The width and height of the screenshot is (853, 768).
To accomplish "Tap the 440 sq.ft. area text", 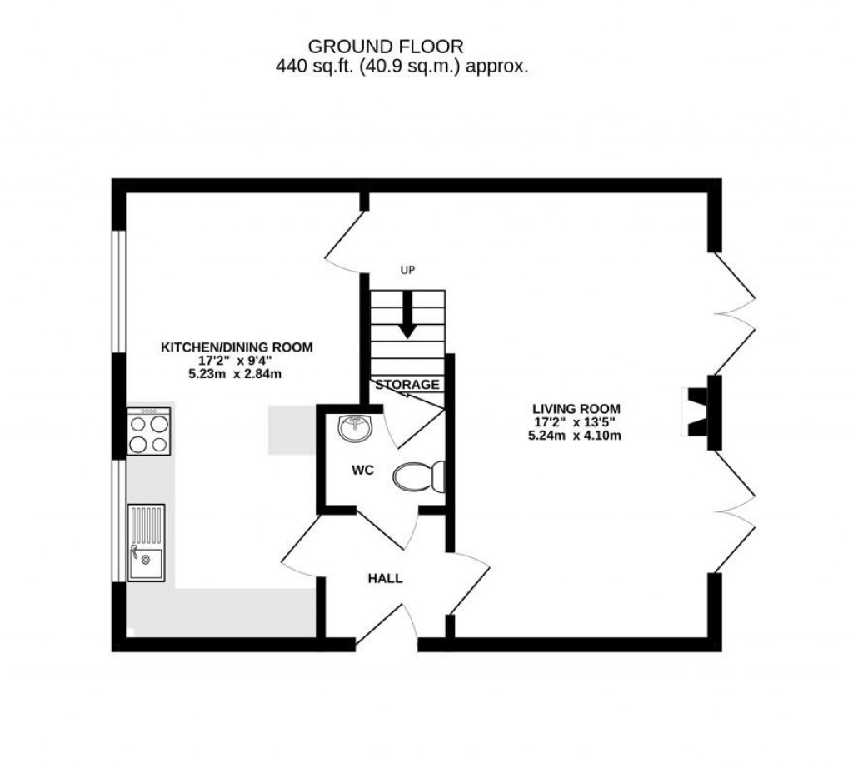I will coord(402,68).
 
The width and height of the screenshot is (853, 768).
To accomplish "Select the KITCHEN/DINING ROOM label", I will coord(237,347).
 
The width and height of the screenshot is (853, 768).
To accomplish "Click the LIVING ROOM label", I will coord(576,408).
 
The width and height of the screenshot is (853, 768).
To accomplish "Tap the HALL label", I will coord(385,578).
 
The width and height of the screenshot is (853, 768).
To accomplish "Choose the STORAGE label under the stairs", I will coord(407,385).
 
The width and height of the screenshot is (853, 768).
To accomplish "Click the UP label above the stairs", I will coord(407,270).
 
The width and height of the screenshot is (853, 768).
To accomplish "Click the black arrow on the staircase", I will coord(407,317).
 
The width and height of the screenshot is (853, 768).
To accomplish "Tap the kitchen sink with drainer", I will coord(146,542).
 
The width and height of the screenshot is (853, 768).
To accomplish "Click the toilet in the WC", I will coord(419,477).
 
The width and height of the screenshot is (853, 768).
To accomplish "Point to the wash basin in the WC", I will coord(355,429).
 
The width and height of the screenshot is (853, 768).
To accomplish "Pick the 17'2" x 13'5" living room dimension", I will coord(576,422).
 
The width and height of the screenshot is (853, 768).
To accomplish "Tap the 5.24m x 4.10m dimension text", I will coord(576,436).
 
